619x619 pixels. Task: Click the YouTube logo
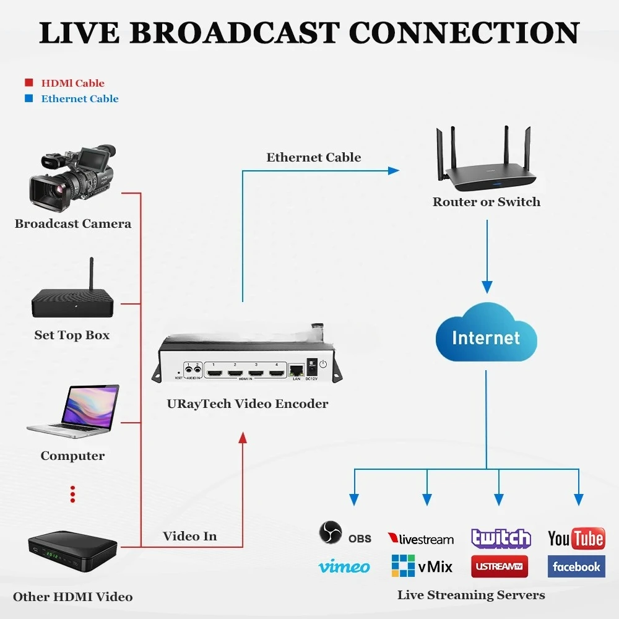[x=576, y=538]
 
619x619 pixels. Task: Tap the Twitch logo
[x=501, y=538]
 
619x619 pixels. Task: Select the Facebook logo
[x=576, y=566]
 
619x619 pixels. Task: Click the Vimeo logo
[x=344, y=566]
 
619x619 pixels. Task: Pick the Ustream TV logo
[x=500, y=566]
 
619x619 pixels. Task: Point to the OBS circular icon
[x=331, y=533]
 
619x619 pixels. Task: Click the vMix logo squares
[x=403, y=566]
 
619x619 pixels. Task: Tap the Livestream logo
[x=421, y=539]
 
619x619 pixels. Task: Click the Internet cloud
[x=486, y=338]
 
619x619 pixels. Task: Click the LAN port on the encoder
[x=297, y=370]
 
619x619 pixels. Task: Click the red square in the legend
[x=28, y=83]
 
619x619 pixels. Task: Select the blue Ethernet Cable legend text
[x=79, y=98]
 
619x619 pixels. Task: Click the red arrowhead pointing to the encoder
[x=242, y=438]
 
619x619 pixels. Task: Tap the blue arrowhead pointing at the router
[x=394, y=170]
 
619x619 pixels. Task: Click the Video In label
[x=189, y=536]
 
